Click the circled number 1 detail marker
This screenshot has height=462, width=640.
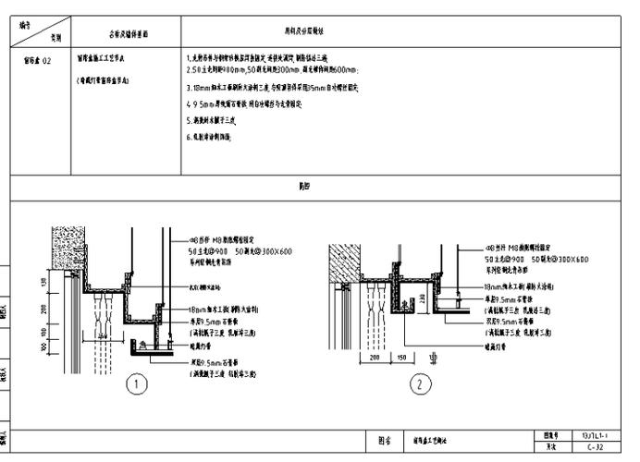coord(137,383)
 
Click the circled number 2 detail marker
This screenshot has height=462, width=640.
coord(420,383)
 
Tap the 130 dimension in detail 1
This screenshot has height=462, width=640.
coord(42,280)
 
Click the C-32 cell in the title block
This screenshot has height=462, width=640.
coord(595,447)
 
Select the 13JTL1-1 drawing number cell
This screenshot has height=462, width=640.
coord(595,434)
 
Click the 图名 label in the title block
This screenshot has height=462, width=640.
coord(385,441)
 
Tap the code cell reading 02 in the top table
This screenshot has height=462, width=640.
coord(36,60)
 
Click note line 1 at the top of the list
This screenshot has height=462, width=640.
coord(268,59)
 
